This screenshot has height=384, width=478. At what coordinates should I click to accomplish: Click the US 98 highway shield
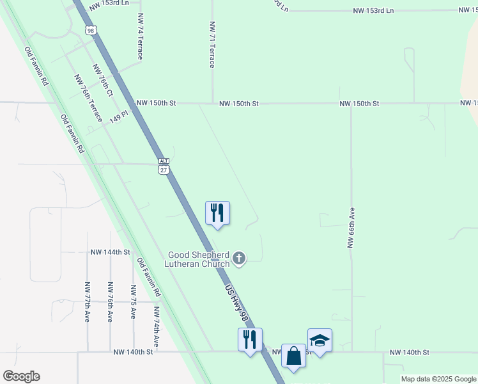[91, 31]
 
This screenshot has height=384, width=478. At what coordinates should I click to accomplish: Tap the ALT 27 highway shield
[164, 166]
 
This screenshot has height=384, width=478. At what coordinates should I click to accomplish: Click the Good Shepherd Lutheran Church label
[197, 259]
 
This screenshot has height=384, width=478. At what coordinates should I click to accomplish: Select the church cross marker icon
[239, 259]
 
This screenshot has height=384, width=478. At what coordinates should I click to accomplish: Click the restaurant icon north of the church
[217, 212]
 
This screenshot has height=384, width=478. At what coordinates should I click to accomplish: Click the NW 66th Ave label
[351, 227]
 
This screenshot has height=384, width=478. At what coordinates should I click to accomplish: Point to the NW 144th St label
[110, 253]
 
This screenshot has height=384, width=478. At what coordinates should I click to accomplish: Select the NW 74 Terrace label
[139, 38]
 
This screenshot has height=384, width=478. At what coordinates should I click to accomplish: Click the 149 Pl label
[119, 118]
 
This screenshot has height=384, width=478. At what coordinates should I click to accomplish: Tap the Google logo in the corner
[21, 376]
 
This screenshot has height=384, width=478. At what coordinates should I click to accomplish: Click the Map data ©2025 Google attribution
[438, 379]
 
